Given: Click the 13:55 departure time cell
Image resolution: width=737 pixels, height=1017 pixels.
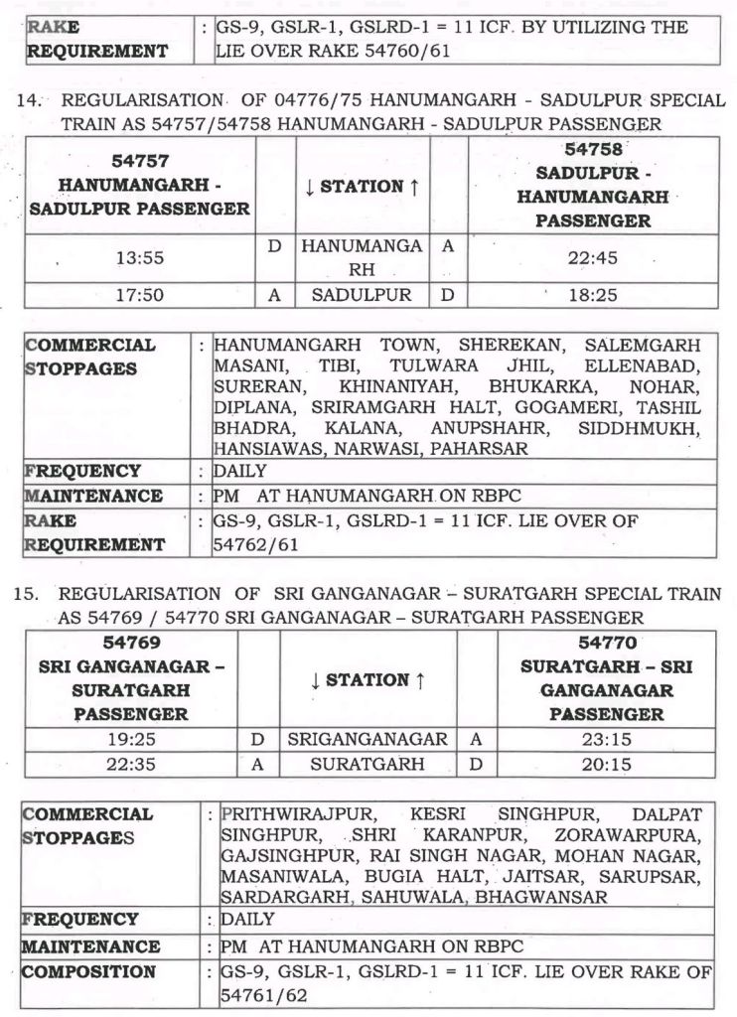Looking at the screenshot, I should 139,258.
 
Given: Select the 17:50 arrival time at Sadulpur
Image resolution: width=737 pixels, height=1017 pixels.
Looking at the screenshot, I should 139,295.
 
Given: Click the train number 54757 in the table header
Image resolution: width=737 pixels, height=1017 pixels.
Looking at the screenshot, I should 139,161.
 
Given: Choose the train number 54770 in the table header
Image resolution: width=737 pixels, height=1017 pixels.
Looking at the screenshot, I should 606,643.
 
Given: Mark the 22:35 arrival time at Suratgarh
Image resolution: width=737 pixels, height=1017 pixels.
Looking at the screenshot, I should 129,764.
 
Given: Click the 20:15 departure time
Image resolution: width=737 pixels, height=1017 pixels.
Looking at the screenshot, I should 606,764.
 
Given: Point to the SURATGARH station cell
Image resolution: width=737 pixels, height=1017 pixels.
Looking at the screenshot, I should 367,764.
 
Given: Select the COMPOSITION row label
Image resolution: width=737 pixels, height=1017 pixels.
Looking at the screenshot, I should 89,971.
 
